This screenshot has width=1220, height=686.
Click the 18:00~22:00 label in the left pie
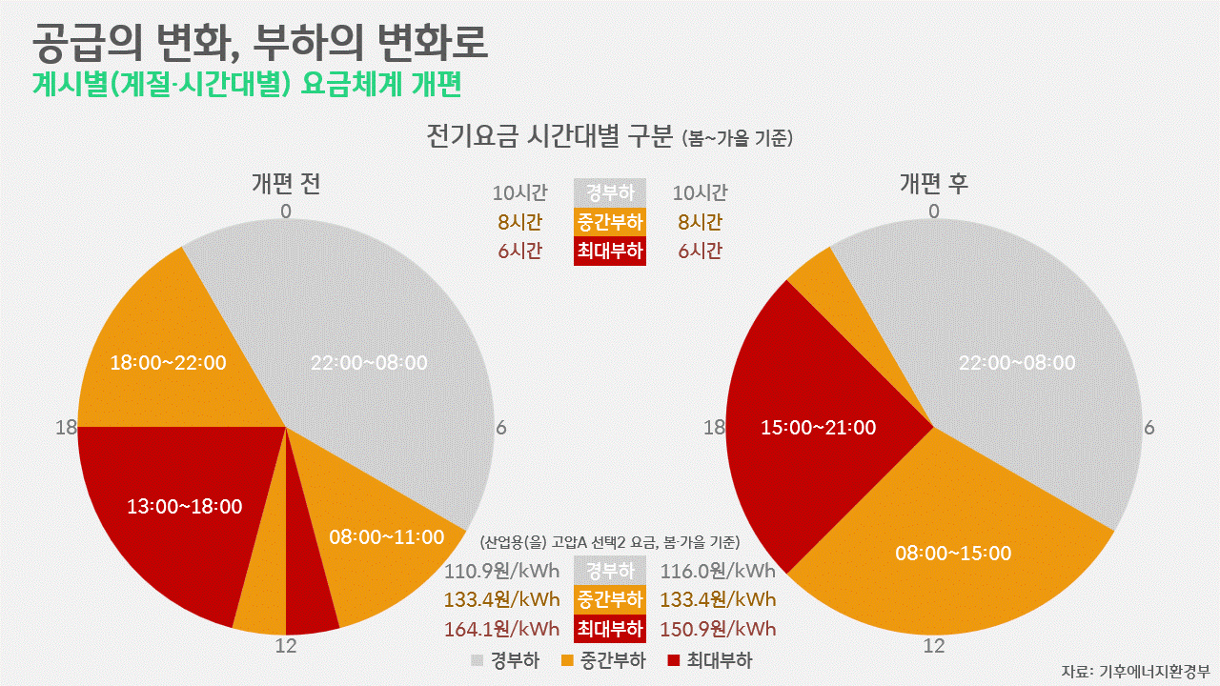[169, 363]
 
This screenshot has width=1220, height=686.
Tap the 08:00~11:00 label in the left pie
[387, 537]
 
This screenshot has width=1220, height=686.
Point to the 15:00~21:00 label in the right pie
[819, 428]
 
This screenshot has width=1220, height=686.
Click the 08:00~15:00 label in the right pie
[953, 553]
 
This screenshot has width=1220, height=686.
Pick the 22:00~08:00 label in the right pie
[1017, 363]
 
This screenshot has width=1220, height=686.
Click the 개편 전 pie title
[285, 184]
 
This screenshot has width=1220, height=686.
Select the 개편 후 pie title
[934, 184]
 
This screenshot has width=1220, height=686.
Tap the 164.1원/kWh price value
[501, 629]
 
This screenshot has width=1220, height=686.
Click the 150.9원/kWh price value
[718, 629]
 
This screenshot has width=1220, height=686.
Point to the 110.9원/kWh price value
[501, 572]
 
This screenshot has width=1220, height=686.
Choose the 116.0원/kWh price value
[718, 572]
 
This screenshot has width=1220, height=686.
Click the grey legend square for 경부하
[478, 660]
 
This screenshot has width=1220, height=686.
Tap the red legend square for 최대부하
[674, 660]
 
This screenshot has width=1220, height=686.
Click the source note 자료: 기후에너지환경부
[1135, 671]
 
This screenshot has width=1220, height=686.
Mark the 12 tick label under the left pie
[286, 646]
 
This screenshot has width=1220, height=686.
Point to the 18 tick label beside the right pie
[714, 428]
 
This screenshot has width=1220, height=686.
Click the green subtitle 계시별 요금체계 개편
[247, 85]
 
